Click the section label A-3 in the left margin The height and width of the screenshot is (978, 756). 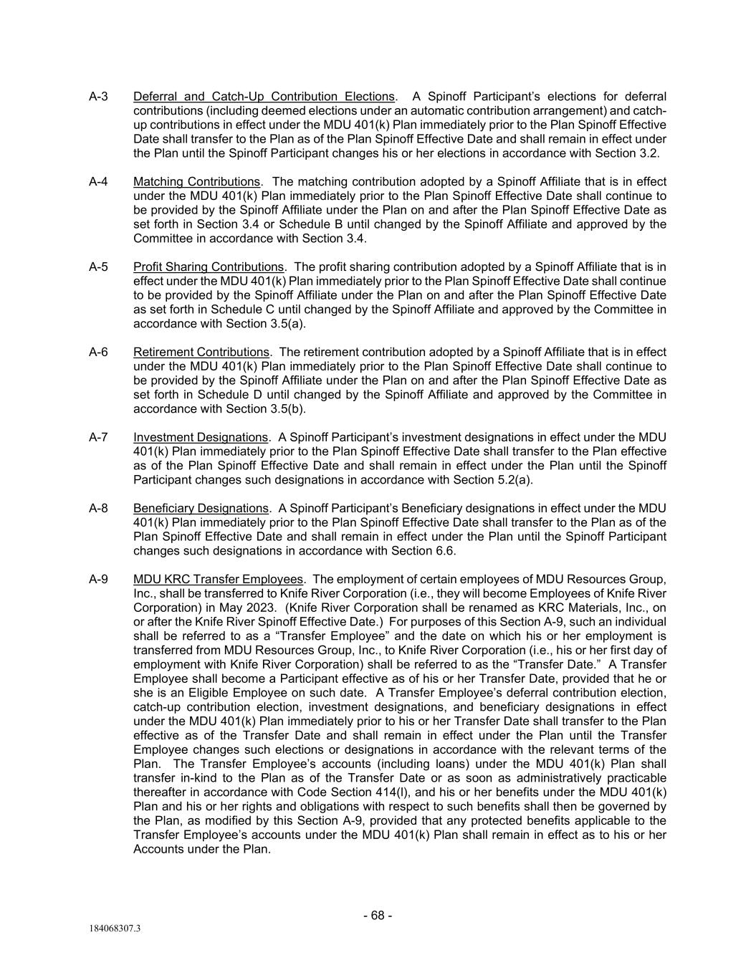pyautogui.click(x=98, y=97)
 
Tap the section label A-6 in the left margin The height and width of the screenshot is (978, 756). pyautogui.click(x=98, y=353)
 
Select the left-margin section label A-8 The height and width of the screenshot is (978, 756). pyautogui.click(x=98, y=509)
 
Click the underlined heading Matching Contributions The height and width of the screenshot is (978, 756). pyautogui.click(x=196, y=182)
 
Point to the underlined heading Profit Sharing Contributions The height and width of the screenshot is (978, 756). pyautogui.click(x=208, y=267)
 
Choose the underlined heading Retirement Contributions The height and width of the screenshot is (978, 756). pyautogui.click(x=201, y=353)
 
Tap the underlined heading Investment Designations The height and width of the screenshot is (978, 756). pyautogui.click(x=200, y=438)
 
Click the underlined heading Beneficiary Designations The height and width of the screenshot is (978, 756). pyautogui.click(x=201, y=509)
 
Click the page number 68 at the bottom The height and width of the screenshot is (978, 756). pyautogui.click(x=378, y=916)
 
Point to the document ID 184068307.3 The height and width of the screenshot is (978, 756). pyautogui.click(x=115, y=929)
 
